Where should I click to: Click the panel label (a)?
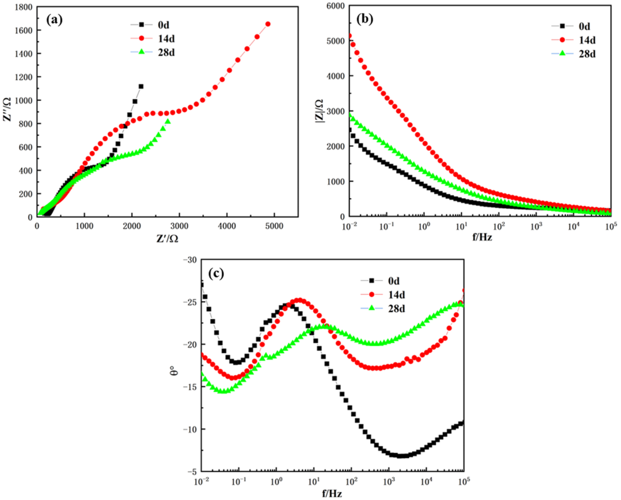click(54, 20)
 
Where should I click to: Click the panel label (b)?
click(365, 19)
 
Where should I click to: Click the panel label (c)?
click(216, 273)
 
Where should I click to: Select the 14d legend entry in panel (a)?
click(166, 39)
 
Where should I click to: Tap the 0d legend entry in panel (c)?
click(393, 281)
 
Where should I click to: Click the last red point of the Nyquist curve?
click(268, 24)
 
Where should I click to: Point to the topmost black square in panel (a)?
click(141, 87)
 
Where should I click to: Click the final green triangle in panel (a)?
click(168, 121)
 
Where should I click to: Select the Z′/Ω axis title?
click(167, 238)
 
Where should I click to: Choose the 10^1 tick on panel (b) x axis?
click(462, 227)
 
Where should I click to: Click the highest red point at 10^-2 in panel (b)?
click(350, 36)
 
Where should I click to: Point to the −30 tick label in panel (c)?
click(190, 260)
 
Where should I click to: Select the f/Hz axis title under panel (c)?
click(332, 494)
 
